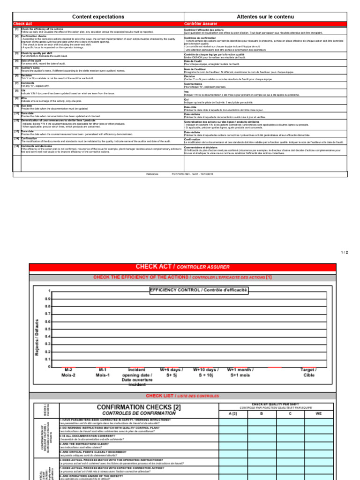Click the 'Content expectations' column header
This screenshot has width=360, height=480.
click(98, 17)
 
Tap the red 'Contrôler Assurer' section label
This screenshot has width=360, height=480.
click(201, 23)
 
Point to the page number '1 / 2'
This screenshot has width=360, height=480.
click(345, 252)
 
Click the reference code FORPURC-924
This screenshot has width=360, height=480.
click(181, 173)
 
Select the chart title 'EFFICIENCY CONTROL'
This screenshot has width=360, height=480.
click(198, 290)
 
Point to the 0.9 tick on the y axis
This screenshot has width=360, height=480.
click(48, 299)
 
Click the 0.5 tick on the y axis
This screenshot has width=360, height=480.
click(48, 329)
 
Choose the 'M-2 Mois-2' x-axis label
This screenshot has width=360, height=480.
click(68, 373)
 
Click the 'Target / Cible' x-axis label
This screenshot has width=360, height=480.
click(309, 373)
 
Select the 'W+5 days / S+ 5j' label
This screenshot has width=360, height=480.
click(172, 373)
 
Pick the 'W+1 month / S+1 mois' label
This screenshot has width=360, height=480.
click(240, 373)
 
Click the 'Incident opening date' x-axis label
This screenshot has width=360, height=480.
click(136, 377)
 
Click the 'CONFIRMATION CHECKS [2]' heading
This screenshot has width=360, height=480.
click(138, 407)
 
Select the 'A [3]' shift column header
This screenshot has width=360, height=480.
click(233, 413)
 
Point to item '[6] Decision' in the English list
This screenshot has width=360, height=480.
click(26, 75)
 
